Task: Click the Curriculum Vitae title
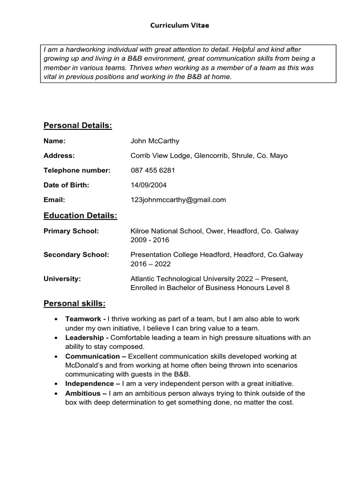(x=180, y=26)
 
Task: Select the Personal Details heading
(x=77, y=125)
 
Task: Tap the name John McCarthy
(x=155, y=141)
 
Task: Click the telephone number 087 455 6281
(x=153, y=171)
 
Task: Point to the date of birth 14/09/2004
(x=149, y=185)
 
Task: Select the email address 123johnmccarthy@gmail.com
(x=178, y=200)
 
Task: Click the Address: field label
(x=59, y=156)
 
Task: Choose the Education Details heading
(x=80, y=216)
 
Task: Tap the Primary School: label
(x=71, y=231)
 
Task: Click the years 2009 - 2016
(x=150, y=240)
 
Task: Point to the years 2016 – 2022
(x=150, y=264)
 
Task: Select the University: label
(x=62, y=279)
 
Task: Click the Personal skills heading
(x=75, y=303)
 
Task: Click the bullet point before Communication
(x=56, y=357)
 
